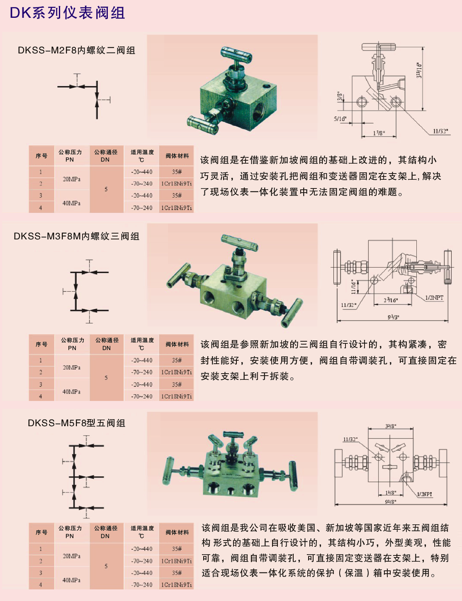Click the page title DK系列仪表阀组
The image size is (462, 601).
[x=67, y=13]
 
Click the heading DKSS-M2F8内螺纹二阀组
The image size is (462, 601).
[x=77, y=51]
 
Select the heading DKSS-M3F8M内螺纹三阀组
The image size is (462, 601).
[x=77, y=237]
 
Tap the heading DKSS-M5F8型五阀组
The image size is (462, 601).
[x=77, y=423]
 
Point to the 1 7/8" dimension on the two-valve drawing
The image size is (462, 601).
[x=379, y=133]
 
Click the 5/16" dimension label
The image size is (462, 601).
[x=340, y=119]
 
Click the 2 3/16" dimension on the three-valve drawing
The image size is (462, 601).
[x=391, y=300]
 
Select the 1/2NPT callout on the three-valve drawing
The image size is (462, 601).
[x=434, y=298]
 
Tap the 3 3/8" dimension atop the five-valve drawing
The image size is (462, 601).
[x=390, y=426]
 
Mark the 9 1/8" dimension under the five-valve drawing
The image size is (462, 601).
[x=391, y=502]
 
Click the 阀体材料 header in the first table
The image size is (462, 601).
[x=177, y=156]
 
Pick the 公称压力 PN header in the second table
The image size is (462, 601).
[x=72, y=344]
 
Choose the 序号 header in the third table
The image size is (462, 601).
[x=41, y=532]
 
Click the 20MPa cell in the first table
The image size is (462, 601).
[x=72, y=179]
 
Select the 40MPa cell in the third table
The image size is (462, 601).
[x=72, y=580]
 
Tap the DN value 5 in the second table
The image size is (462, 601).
[x=106, y=378]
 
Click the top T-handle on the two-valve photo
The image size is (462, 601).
[x=236, y=53]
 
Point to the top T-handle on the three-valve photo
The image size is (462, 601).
[x=240, y=240]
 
